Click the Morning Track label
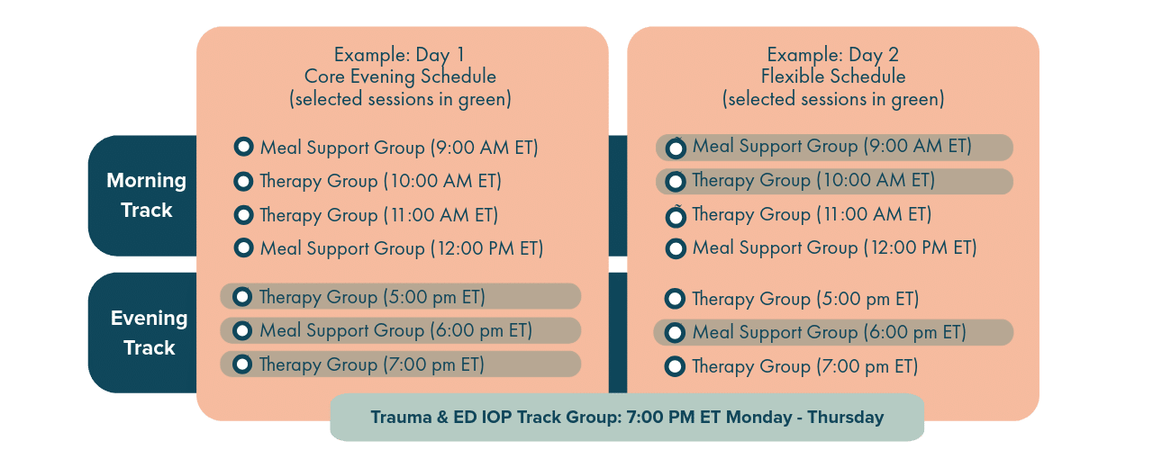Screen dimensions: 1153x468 click(x=147, y=195)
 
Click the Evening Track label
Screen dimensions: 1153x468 click(x=150, y=333)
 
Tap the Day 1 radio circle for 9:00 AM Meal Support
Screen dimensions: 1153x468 click(x=243, y=147)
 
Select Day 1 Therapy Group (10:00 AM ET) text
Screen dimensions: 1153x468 click(x=380, y=182)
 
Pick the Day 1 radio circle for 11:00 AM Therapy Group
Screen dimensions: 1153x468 click(x=243, y=215)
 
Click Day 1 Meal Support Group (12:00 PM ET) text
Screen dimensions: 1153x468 click(x=402, y=249)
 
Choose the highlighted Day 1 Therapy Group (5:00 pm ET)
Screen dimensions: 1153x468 click(x=401, y=296)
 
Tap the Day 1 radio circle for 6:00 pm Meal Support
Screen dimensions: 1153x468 click(x=242, y=330)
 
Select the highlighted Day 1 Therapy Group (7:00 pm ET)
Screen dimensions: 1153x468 click(x=401, y=364)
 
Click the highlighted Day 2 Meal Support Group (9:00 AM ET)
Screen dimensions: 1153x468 click(x=834, y=148)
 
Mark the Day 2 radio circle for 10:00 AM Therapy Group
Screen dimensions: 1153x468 click(x=676, y=181)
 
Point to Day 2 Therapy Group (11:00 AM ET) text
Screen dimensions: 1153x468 click(x=812, y=214)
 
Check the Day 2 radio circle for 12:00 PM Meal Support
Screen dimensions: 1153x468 click(x=676, y=248)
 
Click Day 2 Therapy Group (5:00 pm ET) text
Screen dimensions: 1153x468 click(x=805, y=299)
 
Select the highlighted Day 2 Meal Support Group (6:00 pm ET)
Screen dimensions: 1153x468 click(x=833, y=332)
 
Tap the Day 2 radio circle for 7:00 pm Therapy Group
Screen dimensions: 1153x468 click(x=675, y=366)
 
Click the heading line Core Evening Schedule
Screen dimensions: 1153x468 click(x=400, y=76)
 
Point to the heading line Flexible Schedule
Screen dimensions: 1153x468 click(x=833, y=76)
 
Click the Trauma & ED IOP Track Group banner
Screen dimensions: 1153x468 click(x=627, y=417)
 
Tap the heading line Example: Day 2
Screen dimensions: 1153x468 click(x=833, y=55)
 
